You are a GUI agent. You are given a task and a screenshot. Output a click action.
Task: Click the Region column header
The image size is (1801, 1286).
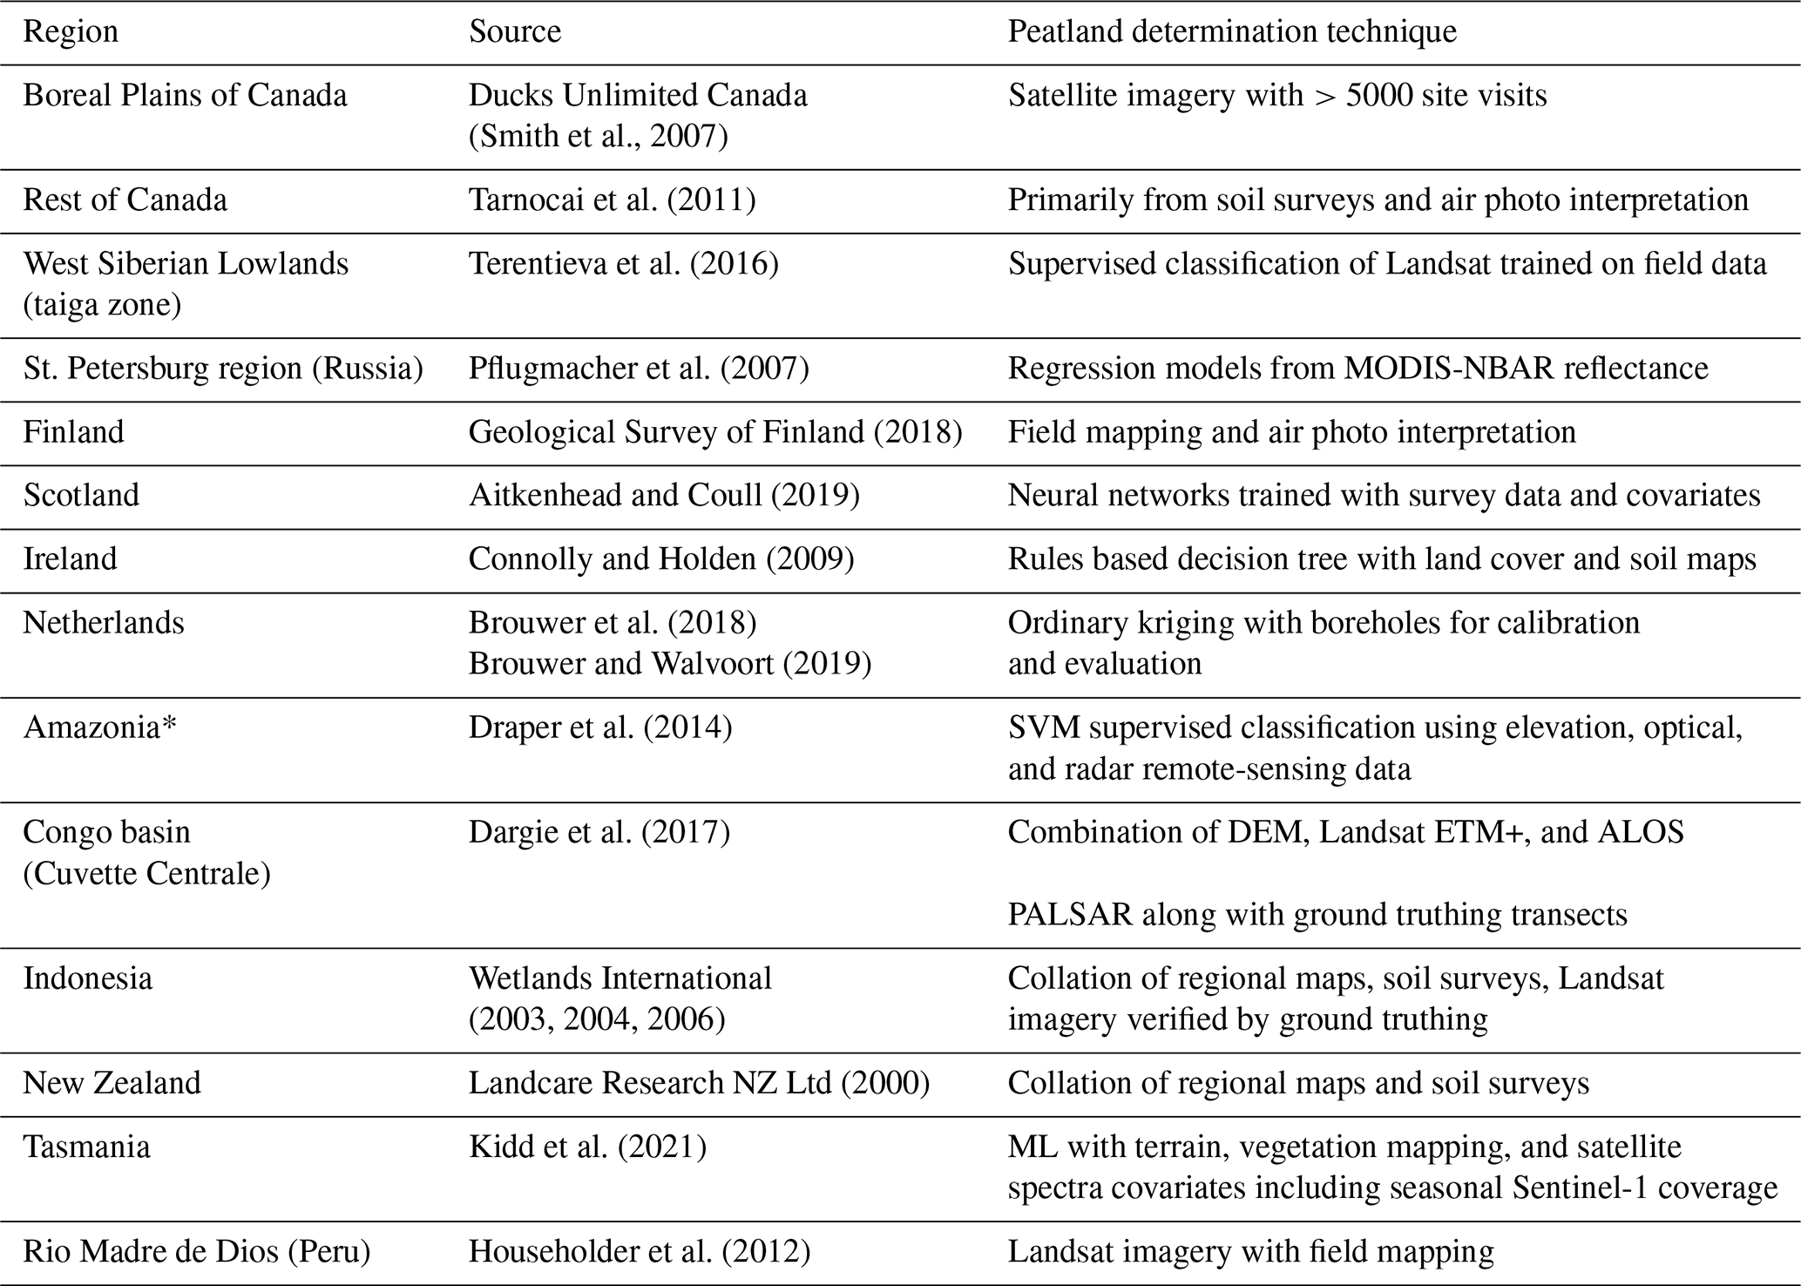click(71, 32)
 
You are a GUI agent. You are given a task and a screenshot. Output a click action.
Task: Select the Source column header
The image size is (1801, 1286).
click(515, 32)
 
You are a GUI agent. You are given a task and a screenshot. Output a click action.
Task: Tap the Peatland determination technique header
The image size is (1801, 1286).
click(1232, 32)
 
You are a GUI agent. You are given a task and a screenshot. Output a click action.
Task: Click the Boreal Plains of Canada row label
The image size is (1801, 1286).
click(185, 95)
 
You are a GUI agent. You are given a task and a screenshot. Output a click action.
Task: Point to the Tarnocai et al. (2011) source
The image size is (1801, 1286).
click(612, 200)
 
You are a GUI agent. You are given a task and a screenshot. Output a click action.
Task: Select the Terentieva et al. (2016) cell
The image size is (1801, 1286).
click(623, 264)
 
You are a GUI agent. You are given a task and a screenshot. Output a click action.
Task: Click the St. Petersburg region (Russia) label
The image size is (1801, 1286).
click(223, 369)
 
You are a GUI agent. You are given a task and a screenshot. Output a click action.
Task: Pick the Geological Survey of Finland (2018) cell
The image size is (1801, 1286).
click(715, 432)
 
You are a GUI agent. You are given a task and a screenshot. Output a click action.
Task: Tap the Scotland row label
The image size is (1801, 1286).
click(81, 495)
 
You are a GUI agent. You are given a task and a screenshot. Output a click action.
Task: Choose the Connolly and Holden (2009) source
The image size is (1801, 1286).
click(661, 558)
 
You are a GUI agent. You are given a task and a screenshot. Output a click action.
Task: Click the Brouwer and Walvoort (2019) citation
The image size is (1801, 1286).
click(670, 664)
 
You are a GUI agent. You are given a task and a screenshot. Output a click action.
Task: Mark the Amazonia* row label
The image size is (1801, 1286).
click(99, 728)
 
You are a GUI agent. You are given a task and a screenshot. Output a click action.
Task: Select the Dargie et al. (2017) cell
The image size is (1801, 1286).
click(599, 833)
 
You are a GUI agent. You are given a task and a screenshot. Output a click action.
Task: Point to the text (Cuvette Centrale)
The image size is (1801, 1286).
click(146, 874)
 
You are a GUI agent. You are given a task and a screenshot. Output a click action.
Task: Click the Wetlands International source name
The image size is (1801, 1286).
click(620, 978)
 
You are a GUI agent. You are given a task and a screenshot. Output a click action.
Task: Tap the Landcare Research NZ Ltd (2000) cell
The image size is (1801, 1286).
click(699, 1083)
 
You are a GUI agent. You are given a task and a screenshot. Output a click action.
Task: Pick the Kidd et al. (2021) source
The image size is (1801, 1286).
click(587, 1147)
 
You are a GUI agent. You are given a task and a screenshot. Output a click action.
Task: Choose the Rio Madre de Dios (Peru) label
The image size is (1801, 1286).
click(197, 1252)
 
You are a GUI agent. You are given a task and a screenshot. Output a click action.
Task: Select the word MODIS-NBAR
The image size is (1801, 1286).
click(1449, 369)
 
